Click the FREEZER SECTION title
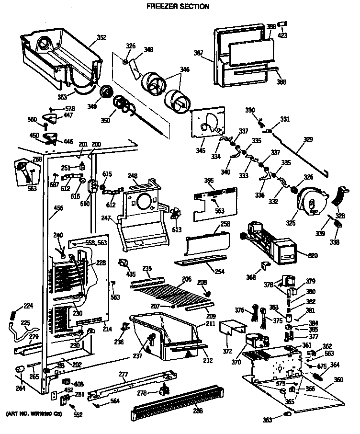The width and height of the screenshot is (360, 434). pos(177,6)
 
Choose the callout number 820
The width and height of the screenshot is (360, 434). pos(313,256)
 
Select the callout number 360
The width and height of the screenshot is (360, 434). pos(338,380)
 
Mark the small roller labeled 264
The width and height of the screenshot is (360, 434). pos(21,369)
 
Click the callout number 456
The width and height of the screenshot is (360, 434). pos(58,207)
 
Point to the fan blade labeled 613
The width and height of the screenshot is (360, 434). pos(176,214)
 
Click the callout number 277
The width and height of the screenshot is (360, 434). pos(123,374)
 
